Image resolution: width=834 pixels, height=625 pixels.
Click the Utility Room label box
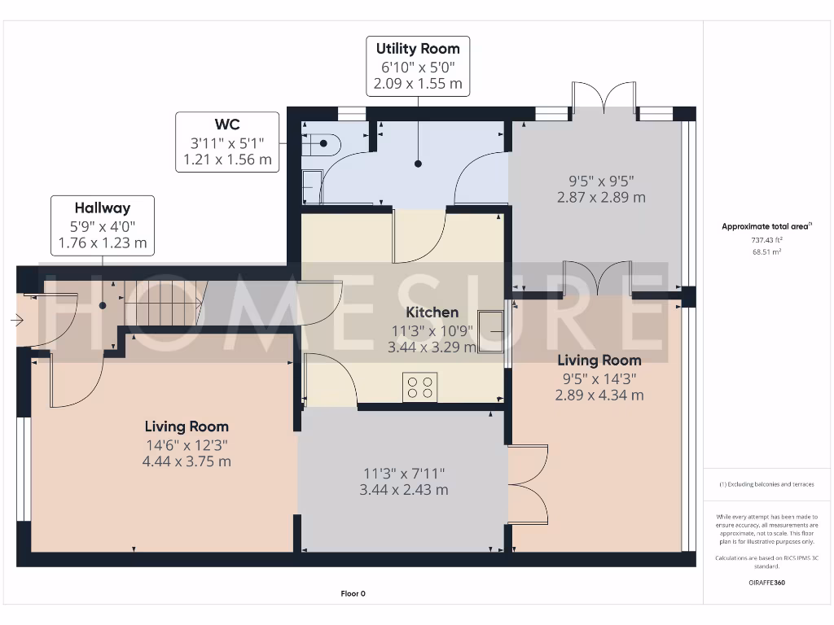point(418,66)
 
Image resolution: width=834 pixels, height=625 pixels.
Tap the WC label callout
point(227,142)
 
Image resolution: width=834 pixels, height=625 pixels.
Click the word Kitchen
point(432,312)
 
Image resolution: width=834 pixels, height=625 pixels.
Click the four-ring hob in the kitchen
point(419,387)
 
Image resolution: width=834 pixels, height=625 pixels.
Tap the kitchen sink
point(491,331)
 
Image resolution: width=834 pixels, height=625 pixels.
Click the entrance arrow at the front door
point(17,321)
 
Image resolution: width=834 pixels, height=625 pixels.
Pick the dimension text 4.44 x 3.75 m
point(187,461)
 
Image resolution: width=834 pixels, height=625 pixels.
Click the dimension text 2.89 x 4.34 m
point(599,396)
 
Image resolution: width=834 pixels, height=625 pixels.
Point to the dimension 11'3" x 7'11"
point(404,474)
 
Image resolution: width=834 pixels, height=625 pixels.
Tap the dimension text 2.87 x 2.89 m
point(601,198)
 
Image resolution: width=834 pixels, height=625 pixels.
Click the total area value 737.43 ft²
point(766,241)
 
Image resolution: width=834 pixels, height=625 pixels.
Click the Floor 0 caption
point(353,594)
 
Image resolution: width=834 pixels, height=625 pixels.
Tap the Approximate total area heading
point(766,227)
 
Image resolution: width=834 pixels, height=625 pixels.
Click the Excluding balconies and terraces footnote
point(766,484)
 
